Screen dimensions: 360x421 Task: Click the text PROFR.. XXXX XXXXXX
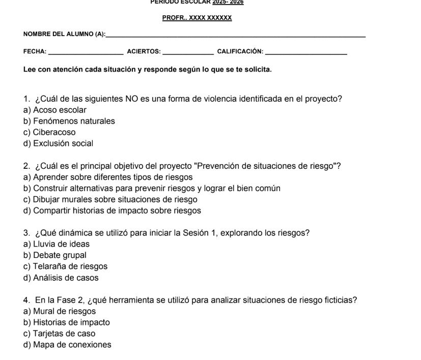pos(197,18)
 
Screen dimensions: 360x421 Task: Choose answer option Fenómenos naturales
pos(69,121)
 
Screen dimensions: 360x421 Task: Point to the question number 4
pos(26,300)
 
